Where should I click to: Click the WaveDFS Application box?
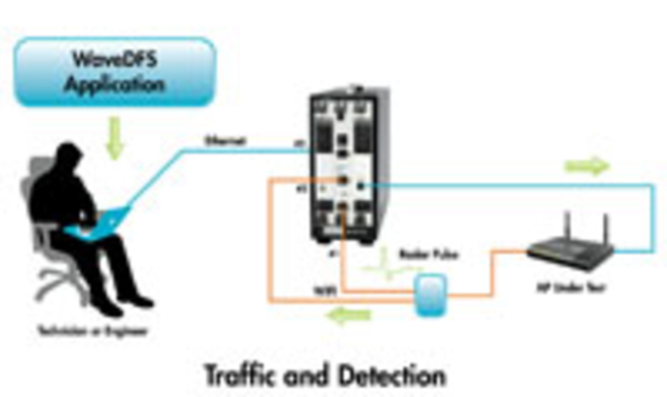pos(115,72)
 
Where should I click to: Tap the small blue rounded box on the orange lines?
pos(431,295)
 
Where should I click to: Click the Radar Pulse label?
pos(429,255)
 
